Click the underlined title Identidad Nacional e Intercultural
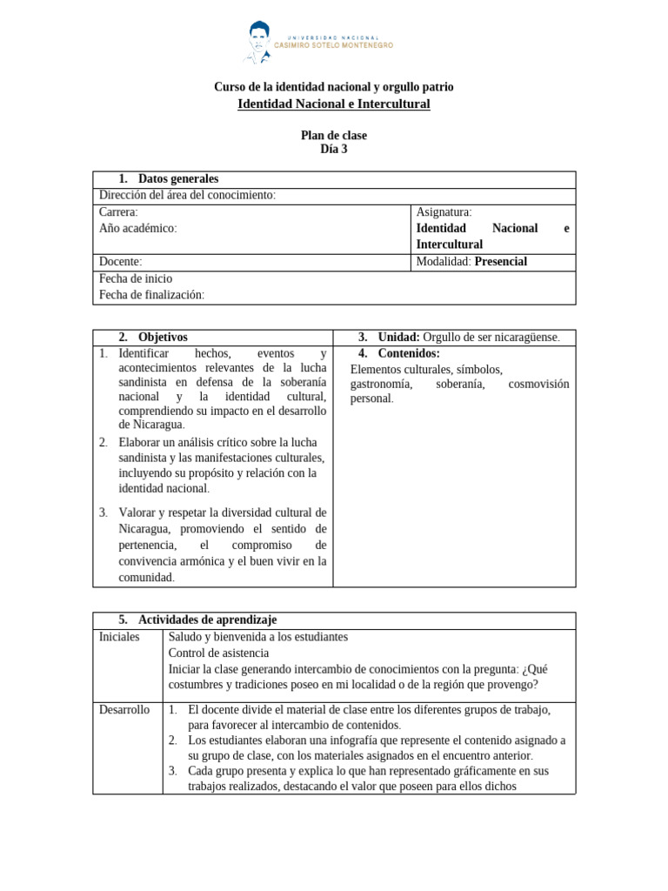[333, 104]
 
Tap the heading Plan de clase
[333, 136]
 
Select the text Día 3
[333, 149]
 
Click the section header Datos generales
[177, 179]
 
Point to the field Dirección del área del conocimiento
[187, 195]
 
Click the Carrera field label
[118, 211]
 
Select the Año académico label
[137, 228]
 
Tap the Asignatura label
[444, 211]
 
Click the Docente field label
[120, 261]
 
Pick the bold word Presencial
[500, 261]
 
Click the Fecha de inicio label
[136, 278]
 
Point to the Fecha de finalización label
[151, 295]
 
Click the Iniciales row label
[119, 637]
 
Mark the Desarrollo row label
[124, 710]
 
